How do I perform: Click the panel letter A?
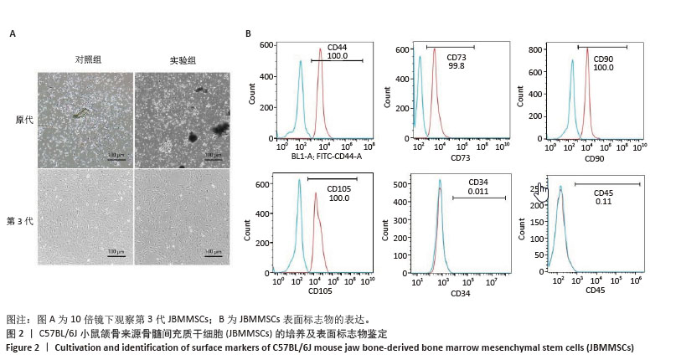(12, 34)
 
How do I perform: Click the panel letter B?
(248, 34)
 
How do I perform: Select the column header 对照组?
(87, 60)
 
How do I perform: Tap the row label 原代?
(25, 120)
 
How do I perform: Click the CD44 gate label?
(337, 47)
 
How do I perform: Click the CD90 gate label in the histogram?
(603, 58)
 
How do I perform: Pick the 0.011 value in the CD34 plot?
(478, 191)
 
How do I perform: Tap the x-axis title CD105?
(319, 291)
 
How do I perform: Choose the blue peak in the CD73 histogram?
(420, 59)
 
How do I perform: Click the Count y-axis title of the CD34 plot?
(389, 226)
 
